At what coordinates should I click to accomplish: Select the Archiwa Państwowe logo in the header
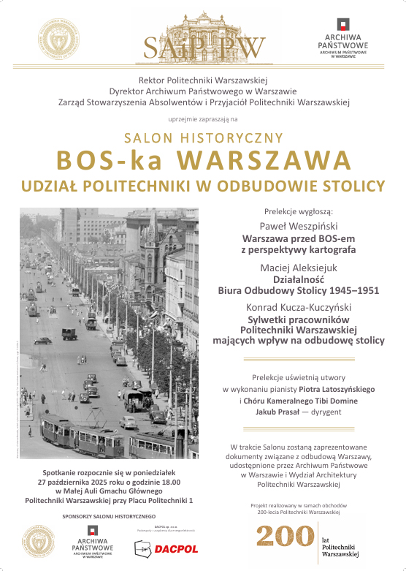click(347, 40)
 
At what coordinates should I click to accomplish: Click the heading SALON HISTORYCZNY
click(203, 137)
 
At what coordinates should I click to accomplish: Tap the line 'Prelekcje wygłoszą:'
click(298, 211)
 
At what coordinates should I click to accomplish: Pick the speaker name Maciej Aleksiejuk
click(298, 268)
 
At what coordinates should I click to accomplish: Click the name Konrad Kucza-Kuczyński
click(298, 308)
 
